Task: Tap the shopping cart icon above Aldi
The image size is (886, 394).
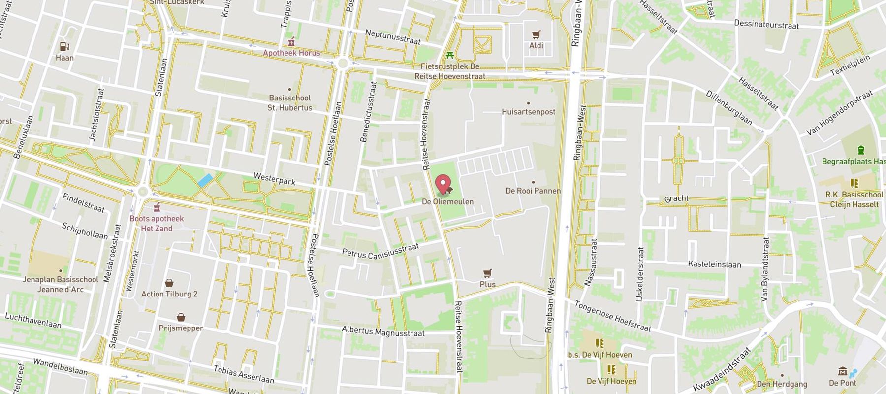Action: (536, 35)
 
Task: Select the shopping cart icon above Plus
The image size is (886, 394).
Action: (487, 273)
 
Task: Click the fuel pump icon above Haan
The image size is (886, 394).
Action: (64, 46)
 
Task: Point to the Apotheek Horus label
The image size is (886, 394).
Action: (291, 53)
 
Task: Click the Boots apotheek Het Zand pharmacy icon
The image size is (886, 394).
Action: (157, 207)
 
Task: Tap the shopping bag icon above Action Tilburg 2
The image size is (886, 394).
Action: (169, 283)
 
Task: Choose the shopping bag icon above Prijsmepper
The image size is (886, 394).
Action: (181, 317)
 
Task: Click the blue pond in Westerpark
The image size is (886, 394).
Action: (205, 180)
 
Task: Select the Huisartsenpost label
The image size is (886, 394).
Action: (529, 112)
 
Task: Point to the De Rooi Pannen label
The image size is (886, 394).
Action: (533, 191)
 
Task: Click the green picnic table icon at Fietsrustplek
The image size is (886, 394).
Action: (449, 55)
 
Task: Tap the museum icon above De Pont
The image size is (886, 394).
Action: (842, 371)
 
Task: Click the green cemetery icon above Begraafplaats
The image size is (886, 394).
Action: (860, 150)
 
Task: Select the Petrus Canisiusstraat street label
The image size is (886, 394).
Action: (380, 250)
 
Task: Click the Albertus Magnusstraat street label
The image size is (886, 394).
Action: (383, 332)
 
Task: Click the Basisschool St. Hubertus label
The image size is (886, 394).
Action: (290, 103)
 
